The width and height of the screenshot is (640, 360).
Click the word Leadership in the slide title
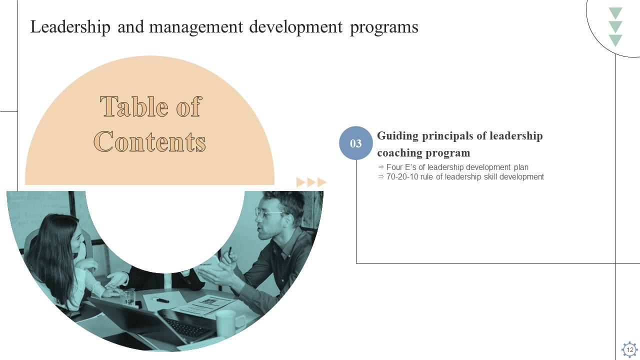(x=70, y=27)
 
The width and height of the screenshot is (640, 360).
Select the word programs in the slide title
(x=384, y=27)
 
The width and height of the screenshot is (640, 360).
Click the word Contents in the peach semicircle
(x=150, y=141)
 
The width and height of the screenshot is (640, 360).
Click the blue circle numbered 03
(x=356, y=143)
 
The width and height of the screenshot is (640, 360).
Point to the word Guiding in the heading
(x=397, y=136)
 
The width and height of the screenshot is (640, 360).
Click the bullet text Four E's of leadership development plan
(x=457, y=167)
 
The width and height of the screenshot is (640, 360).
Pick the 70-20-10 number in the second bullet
(x=402, y=176)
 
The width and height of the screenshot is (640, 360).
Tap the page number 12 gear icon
(x=629, y=349)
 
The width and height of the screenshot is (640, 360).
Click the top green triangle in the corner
(x=615, y=13)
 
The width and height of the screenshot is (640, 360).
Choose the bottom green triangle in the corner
(x=615, y=40)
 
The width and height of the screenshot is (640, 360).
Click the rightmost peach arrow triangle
(x=322, y=182)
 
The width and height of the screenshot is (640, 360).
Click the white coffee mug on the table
(x=226, y=322)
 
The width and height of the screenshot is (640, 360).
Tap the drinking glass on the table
(x=128, y=297)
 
